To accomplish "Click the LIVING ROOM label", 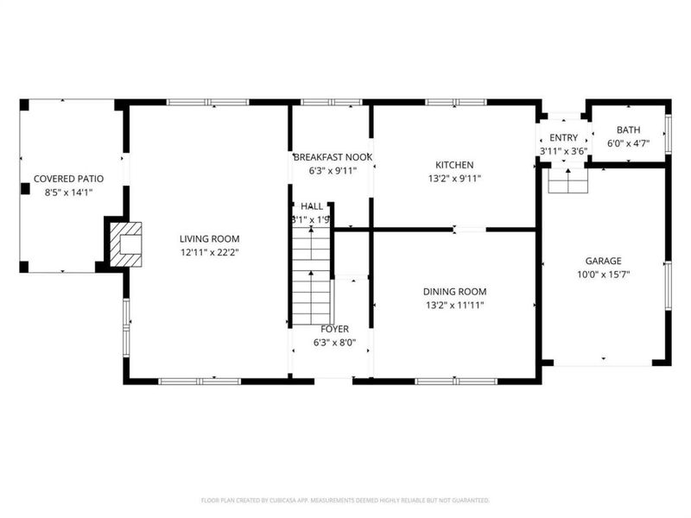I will (x=209, y=239).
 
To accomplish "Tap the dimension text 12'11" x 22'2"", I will (x=209, y=252).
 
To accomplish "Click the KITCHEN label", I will (x=454, y=165).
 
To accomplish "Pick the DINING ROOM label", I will (x=454, y=292).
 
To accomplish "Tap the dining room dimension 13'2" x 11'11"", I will (x=454, y=306).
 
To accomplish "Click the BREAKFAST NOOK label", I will (x=333, y=157).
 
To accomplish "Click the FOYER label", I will (x=334, y=329).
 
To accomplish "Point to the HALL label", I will (x=312, y=206).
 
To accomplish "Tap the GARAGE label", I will (x=603, y=261).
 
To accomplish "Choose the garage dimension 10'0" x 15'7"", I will (x=603, y=275).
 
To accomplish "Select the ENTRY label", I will (x=563, y=138).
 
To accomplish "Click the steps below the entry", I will (x=567, y=180).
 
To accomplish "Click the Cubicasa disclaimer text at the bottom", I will (x=345, y=500).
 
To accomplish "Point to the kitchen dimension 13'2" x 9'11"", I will (x=454, y=179).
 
